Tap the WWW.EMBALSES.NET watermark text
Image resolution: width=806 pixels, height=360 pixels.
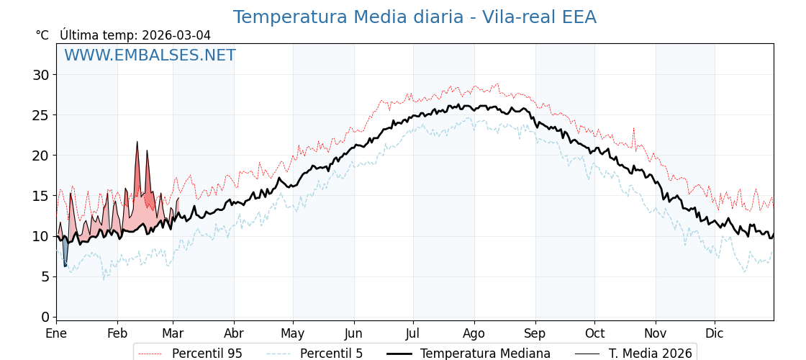[x=150, y=55]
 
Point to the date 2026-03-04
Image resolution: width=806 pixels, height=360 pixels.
[x=176, y=35]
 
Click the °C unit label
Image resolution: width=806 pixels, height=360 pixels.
[x=42, y=35]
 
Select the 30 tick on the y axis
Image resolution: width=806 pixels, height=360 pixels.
[x=40, y=75]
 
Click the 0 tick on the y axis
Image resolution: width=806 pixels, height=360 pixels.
[x=45, y=317]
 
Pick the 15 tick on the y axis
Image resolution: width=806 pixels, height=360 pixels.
[x=40, y=196]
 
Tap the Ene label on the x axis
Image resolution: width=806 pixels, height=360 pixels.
[x=56, y=333]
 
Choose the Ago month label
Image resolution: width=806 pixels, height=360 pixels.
[x=474, y=333]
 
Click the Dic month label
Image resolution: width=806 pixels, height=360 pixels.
[x=715, y=333]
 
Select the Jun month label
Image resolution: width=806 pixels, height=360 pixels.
[x=353, y=333]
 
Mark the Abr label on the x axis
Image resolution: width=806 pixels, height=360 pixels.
[x=234, y=333]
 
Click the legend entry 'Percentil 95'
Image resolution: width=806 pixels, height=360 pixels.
[x=207, y=354]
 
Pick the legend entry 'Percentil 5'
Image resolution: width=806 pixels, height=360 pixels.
[x=331, y=354]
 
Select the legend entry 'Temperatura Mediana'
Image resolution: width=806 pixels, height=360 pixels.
[x=485, y=354]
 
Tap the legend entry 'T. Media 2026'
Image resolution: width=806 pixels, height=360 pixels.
[x=650, y=354]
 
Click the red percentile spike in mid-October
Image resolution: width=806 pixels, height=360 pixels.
[x=633, y=130]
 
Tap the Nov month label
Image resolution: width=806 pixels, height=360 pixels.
[x=655, y=333]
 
